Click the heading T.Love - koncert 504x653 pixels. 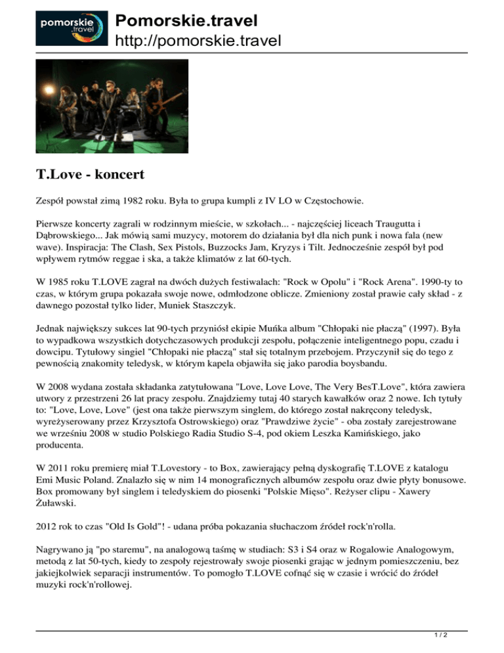click(x=89, y=176)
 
